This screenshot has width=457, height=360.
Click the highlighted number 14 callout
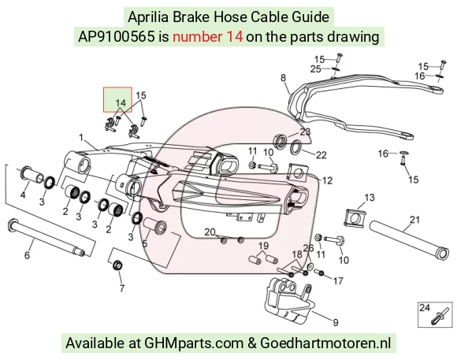click(121, 103)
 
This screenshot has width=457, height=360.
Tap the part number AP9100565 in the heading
click(116, 37)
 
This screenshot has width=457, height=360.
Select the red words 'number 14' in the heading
click(207, 37)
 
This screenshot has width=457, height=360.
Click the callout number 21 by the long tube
click(414, 220)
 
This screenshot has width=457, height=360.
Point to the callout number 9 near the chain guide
click(336, 322)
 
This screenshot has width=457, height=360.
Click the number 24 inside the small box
click(425, 307)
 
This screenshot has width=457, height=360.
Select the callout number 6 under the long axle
click(27, 255)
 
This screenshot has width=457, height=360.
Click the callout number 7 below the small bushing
click(122, 288)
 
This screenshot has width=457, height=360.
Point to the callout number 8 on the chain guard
click(284, 78)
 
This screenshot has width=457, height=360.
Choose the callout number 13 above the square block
click(370, 198)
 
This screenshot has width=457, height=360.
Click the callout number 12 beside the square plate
click(327, 180)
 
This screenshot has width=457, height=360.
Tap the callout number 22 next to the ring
click(321, 154)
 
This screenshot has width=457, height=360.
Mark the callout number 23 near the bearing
click(305, 132)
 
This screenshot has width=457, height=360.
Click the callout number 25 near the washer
click(316, 69)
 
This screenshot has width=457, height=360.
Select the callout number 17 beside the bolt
click(338, 281)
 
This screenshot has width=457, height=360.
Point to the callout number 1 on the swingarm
click(81, 137)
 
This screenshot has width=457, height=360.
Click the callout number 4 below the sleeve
click(23, 195)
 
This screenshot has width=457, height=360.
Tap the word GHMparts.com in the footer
click(194, 343)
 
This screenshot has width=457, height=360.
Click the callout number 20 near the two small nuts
click(210, 232)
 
